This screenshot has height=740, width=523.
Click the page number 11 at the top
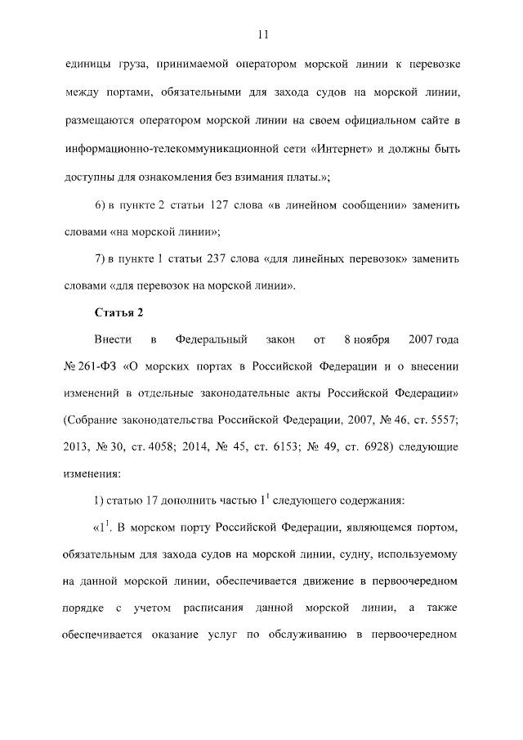click(261, 34)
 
